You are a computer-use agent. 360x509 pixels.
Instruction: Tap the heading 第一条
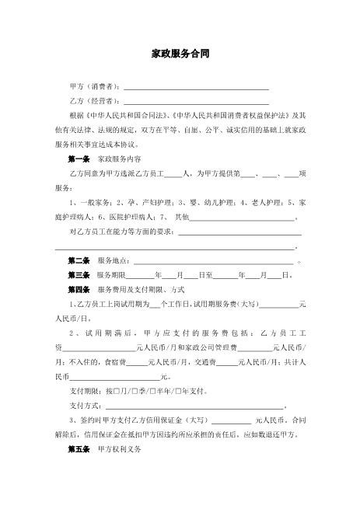pos(80,159)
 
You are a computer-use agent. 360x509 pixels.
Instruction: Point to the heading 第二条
pos(80,260)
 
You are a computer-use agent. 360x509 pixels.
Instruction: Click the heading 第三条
pos(80,275)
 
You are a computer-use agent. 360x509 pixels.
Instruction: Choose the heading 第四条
pos(80,290)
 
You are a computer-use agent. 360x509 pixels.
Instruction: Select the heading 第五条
pos(80,449)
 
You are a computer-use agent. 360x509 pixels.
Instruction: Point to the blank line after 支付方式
pos(195,406)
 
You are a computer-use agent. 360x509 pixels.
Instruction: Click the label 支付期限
pos(85,391)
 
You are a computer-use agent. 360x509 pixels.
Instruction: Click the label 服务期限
pos(110,275)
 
